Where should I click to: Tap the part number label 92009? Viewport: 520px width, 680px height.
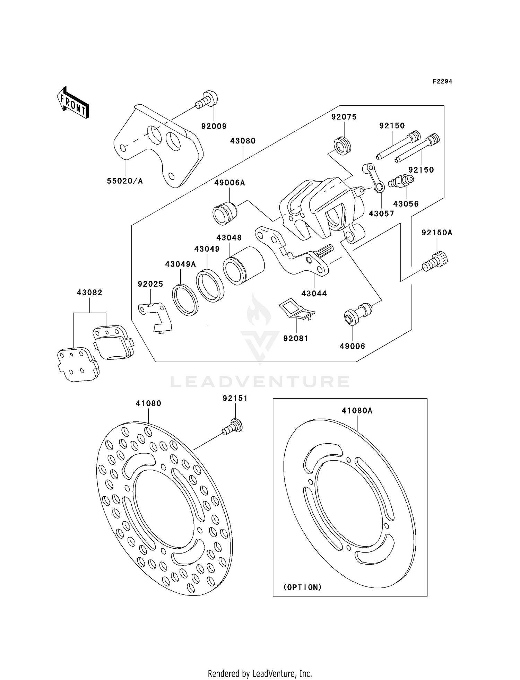(214, 126)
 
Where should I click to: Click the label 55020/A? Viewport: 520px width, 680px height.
(125, 181)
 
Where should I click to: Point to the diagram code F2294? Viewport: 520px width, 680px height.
(442, 81)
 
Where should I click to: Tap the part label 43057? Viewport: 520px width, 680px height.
(381, 214)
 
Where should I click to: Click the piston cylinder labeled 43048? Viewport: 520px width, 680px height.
(243, 265)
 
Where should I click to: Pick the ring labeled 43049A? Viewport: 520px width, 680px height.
(185, 300)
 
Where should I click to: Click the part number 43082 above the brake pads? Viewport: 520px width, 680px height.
(90, 293)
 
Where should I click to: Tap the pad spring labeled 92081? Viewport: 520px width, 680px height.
(296, 310)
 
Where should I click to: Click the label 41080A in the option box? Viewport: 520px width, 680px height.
(357, 411)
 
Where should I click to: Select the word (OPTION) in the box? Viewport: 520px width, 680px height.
(303, 587)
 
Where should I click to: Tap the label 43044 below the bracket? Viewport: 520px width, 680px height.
(314, 294)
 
